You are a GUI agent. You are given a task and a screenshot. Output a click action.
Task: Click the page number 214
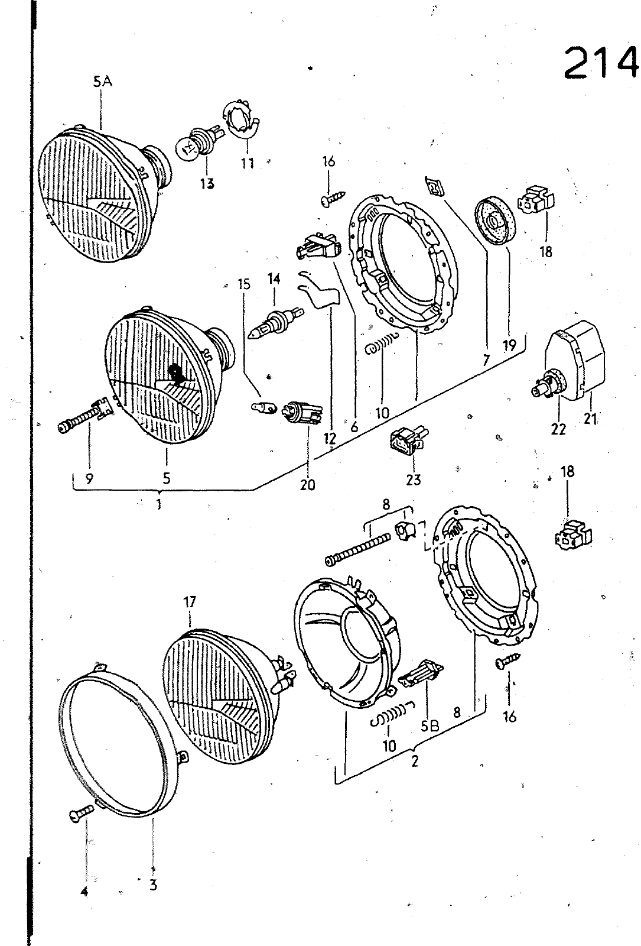601,63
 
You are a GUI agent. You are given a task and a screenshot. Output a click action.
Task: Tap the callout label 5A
103,81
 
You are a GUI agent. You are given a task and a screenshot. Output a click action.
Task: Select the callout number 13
207,183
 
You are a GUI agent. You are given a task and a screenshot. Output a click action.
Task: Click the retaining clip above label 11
240,119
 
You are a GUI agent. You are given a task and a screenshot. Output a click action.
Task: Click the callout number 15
243,284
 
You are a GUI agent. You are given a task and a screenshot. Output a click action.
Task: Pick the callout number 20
308,484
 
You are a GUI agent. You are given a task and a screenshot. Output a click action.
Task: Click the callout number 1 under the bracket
159,504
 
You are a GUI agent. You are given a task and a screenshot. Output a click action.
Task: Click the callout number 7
486,360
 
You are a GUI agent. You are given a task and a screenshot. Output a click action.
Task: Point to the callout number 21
590,419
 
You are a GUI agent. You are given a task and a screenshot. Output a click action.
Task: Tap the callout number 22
558,429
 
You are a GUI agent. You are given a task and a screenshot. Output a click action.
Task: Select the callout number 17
190,601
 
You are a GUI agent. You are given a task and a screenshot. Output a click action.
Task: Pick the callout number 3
153,885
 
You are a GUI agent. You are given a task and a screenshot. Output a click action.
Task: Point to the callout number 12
330,438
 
